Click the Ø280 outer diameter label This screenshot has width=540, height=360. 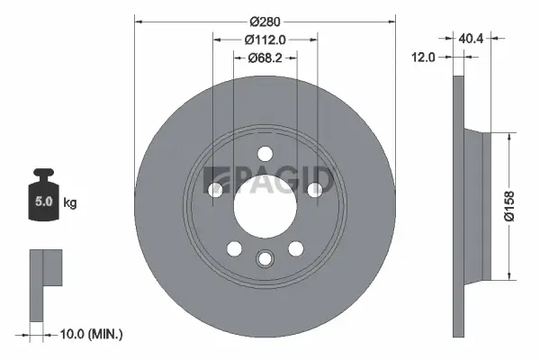(x=265, y=21)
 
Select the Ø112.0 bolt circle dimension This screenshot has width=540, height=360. (x=265, y=40)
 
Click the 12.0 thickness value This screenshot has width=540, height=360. (x=422, y=57)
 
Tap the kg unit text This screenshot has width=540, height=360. (x=70, y=203)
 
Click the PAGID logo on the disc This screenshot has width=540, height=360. (x=269, y=179)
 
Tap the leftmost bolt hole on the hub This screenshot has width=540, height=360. (x=214, y=189)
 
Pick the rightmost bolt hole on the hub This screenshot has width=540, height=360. (x=315, y=189)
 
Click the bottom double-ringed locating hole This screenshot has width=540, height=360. (x=265, y=259)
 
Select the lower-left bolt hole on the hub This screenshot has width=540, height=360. (x=234, y=248)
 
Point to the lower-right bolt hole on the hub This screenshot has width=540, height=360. (x=295, y=248)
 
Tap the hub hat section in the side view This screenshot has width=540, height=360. (x=474, y=204)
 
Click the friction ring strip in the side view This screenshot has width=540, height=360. (x=457, y=204)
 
